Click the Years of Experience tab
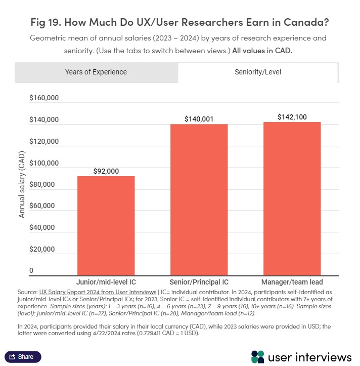(96, 72)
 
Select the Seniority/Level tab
(258, 72)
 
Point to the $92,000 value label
(106, 171)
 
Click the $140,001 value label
(199, 119)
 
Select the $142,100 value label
(292, 117)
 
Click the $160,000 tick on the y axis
(44, 98)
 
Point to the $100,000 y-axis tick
(44, 164)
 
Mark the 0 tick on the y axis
(31, 271)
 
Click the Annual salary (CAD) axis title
(22, 185)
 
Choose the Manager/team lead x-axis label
(292, 282)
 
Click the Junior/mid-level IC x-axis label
(106, 282)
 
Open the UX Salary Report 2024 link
(98, 292)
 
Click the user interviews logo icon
(258, 356)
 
